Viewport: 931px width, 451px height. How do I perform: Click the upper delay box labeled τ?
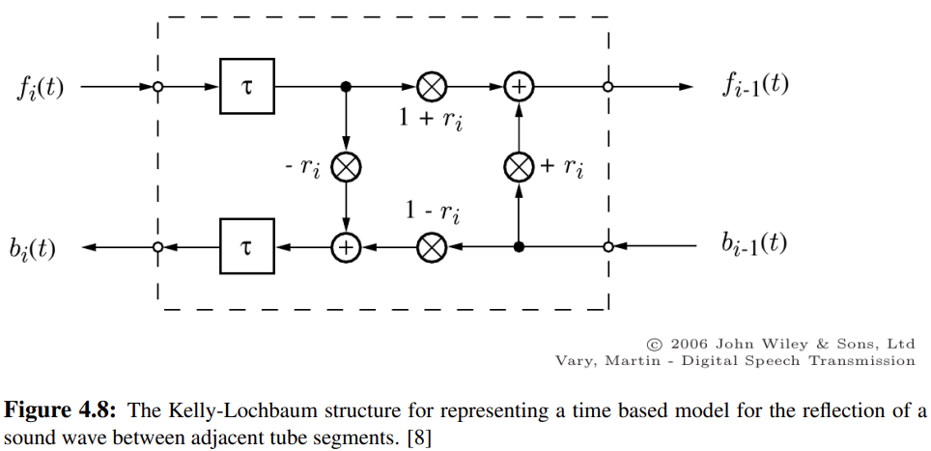click(246, 87)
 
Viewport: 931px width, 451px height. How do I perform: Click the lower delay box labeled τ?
click(246, 248)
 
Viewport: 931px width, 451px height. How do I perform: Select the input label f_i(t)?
click(41, 88)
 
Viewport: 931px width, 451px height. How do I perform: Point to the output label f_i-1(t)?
click(755, 85)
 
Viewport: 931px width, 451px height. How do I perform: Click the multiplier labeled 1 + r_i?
click(431, 87)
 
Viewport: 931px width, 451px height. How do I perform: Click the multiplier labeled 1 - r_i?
click(431, 248)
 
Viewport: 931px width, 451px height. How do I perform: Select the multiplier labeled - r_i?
click(346, 168)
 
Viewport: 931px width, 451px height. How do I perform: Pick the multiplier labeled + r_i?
click(519, 168)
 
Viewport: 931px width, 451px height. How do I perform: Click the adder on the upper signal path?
click(519, 87)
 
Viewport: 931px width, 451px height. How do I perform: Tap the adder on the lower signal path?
click(346, 248)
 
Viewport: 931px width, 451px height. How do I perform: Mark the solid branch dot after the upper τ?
click(346, 87)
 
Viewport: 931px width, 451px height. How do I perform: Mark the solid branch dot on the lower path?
click(519, 248)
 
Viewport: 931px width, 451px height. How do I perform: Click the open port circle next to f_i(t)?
click(157, 87)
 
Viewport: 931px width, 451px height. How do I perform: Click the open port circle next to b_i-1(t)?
click(608, 248)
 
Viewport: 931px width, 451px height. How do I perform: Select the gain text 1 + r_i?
click(431, 121)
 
